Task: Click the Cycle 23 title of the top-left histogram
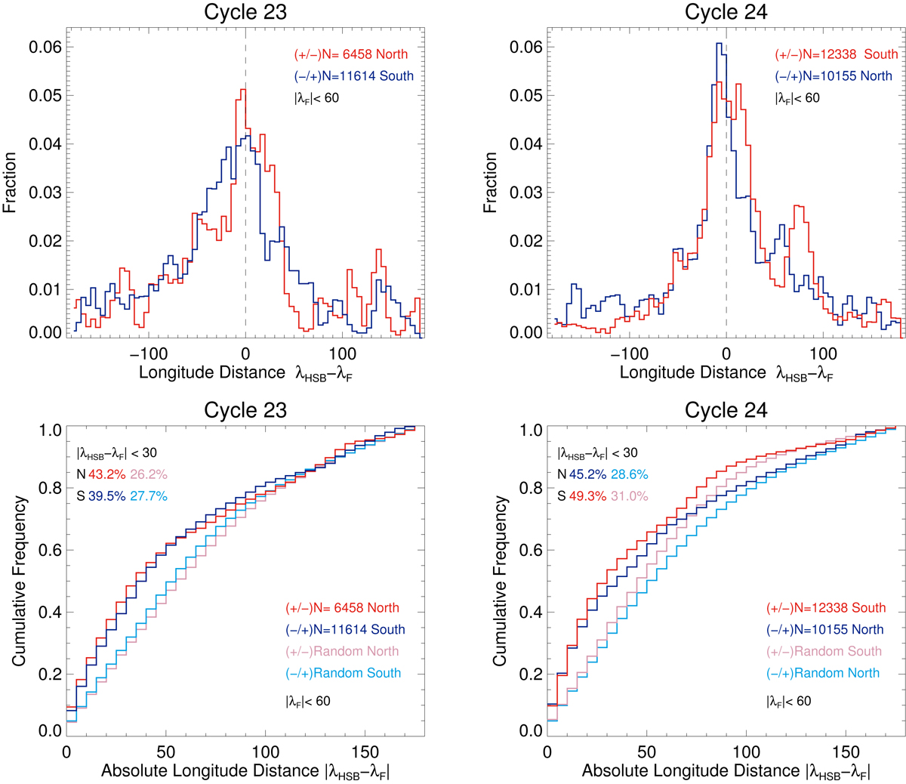pyautogui.click(x=245, y=13)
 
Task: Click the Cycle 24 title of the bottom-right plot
pyautogui.click(x=726, y=410)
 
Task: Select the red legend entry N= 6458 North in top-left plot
pyautogui.click(x=351, y=54)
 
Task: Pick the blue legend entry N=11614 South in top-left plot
pyautogui.click(x=354, y=76)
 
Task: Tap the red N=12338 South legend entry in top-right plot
pyautogui.click(x=837, y=54)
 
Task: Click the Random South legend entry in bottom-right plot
pyautogui.click(x=824, y=651)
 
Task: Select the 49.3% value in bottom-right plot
pyautogui.click(x=588, y=496)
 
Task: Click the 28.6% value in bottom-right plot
pyautogui.click(x=629, y=474)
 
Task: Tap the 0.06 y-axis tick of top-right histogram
pyautogui.click(x=526, y=47)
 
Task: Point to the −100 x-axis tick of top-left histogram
pyautogui.click(x=148, y=353)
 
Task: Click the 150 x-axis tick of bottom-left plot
pyautogui.click(x=365, y=752)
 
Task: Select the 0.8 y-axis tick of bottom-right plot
pyautogui.click(x=532, y=489)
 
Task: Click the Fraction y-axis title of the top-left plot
pyautogui.click(x=11, y=182)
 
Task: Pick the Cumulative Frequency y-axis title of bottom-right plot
pyautogui.click(x=500, y=580)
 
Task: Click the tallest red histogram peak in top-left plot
pyautogui.click(x=242, y=90)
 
